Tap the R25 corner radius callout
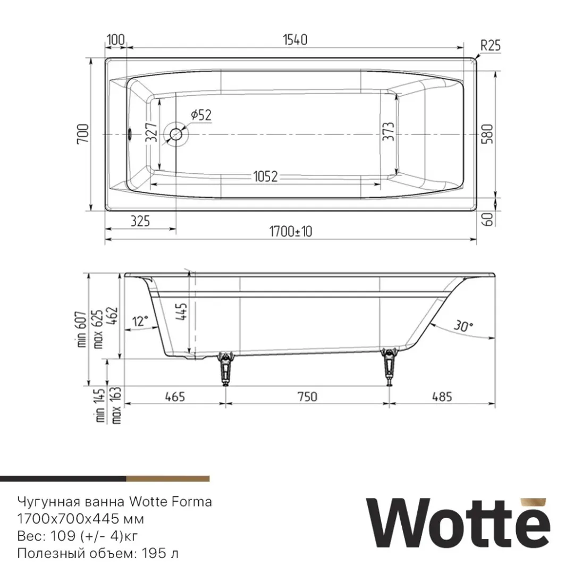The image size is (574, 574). (491, 46)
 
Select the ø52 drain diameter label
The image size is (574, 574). (201, 114)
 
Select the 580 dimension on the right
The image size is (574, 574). (487, 134)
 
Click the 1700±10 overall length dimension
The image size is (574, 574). (291, 232)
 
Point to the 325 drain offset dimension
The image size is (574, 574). (139, 221)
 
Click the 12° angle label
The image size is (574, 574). (140, 321)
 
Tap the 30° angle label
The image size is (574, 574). (464, 325)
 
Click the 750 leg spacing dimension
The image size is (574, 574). (307, 396)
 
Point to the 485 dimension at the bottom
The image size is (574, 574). (442, 396)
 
